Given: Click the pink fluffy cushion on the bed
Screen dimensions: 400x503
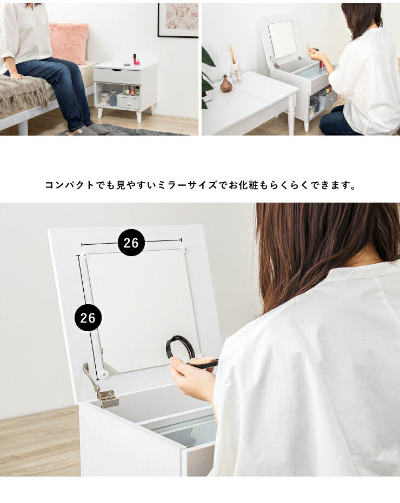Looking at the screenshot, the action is click(69, 43).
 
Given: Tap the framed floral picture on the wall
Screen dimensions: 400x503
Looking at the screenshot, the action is click(178, 20).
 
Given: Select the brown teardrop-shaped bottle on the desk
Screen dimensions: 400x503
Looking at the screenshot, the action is click(226, 84).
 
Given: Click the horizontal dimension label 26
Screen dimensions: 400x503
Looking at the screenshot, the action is click(131, 243).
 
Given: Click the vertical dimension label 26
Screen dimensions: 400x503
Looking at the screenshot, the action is click(88, 318).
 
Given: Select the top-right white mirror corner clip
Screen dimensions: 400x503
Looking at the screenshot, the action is click(184, 249).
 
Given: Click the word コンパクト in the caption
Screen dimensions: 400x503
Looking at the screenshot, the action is click(70, 185).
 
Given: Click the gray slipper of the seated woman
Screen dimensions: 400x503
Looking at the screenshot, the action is click(98, 129).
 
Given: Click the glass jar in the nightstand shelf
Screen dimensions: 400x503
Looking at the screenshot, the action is click(105, 99).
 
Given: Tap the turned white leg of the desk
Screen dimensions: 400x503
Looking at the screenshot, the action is click(291, 116).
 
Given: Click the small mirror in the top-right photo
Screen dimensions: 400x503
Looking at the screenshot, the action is click(283, 40).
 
